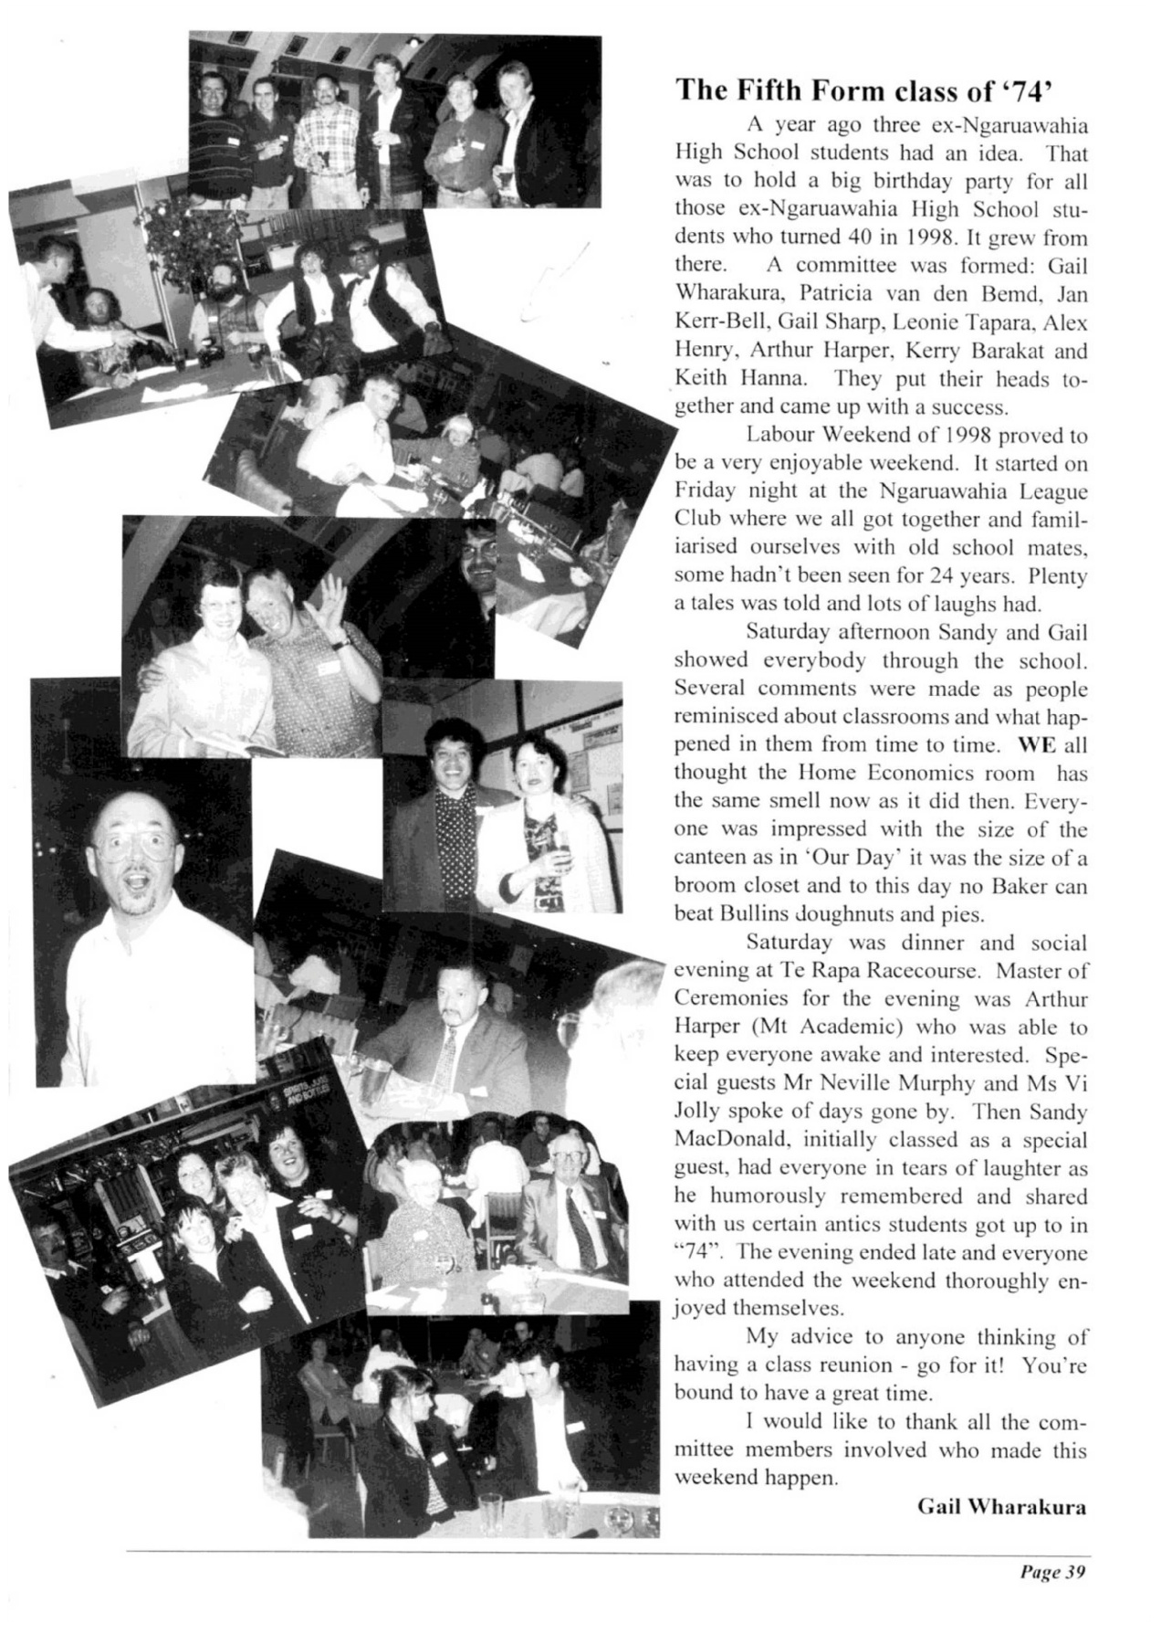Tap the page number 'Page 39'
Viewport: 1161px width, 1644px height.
click(1051, 1572)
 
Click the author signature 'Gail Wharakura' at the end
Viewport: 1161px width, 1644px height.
click(1001, 1506)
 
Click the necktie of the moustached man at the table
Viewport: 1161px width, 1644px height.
click(449, 1049)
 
